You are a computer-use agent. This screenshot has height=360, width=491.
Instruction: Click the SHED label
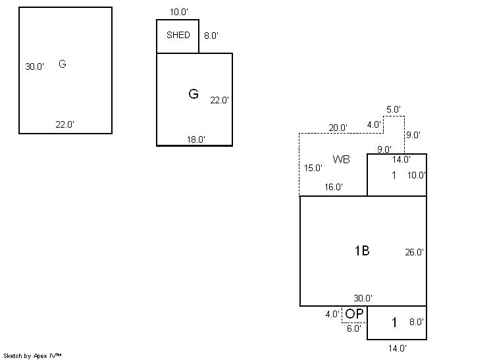tap(178, 36)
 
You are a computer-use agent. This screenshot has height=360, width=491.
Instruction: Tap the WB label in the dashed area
tap(341, 159)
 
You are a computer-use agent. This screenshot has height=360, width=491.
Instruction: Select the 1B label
tap(361, 251)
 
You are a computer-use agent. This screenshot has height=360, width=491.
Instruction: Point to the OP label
tap(354, 314)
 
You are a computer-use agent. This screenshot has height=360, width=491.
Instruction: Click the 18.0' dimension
tap(195, 140)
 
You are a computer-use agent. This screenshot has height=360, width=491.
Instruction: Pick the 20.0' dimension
tap(338, 128)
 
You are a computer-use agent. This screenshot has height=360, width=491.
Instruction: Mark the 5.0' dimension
tap(394, 109)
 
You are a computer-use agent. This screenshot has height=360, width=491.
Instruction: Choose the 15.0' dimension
tap(313, 168)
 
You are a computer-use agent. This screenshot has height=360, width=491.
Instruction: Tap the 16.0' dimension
tap(333, 187)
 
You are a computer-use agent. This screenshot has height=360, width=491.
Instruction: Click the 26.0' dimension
tap(415, 252)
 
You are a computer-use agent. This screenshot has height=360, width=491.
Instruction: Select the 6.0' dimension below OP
tap(353, 329)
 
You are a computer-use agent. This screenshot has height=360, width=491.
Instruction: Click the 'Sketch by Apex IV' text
tap(33, 355)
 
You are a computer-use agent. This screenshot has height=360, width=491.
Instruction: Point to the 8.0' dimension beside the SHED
tap(211, 36)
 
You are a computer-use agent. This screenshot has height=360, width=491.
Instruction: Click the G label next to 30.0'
tap(63, 64)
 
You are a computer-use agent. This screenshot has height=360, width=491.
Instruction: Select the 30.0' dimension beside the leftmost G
tap(35, 66)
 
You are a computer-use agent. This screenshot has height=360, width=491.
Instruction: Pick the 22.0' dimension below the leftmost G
tap(65, 124)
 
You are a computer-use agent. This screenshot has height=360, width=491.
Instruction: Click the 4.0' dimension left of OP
tap(332, 315)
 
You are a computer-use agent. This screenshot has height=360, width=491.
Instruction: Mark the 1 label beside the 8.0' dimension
tap(394, 322)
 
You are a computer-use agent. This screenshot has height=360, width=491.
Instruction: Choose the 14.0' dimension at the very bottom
tap(396, 348)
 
